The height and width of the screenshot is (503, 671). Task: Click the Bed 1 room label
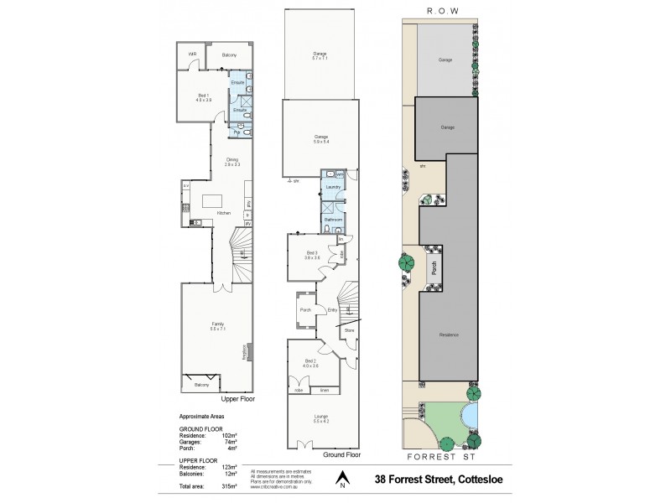click(203, 96)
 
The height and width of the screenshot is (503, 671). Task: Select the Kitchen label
click(224, 213)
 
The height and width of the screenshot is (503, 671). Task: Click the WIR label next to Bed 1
click(192, 54)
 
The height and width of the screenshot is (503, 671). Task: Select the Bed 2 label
click(312, 361)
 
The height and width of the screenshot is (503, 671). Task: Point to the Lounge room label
click(321, 417)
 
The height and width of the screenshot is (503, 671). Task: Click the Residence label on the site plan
click(448, 334)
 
